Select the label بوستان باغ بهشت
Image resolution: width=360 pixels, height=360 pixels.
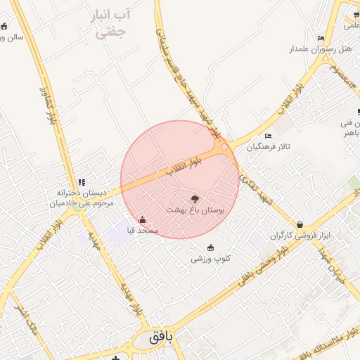(195, 210)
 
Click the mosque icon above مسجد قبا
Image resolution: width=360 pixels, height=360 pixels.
(143, 219)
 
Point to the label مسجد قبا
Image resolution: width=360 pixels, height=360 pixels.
(143, 230)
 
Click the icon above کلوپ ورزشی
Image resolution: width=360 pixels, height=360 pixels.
(211, 247)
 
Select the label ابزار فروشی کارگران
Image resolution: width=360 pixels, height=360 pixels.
(300, 236)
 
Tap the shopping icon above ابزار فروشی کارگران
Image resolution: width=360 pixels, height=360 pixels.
(300, 225)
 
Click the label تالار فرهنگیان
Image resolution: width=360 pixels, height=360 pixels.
(268, 148)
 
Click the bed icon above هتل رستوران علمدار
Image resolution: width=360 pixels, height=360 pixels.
(321, 39)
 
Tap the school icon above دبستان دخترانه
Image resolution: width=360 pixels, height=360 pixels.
(82, 183)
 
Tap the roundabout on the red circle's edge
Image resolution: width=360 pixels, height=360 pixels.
(224, 147)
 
